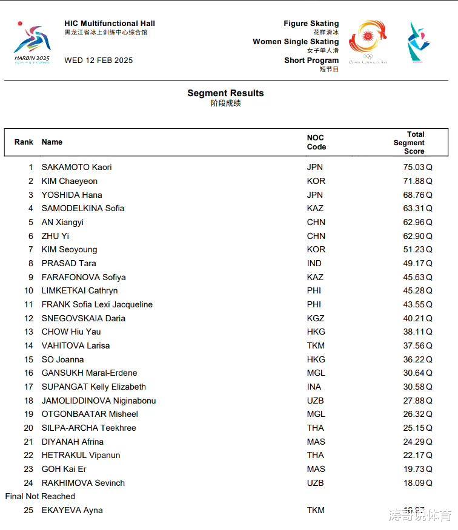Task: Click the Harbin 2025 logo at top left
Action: pyautogui.click(x=32, y=42)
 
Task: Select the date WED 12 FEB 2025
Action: pyautogui.click(x=98, y=61)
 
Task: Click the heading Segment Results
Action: pyautogui.click(x=225, y=93)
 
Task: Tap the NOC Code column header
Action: pyautogui.click(x=316, y=142)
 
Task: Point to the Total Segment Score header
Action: pyautogui.click(x=410, y=143)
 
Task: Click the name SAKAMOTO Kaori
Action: pyautogui.click(x=76, y=167)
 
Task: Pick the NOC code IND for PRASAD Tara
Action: pyautogui.click(x=314, y=263)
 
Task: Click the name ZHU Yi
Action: pyautogui.click(x=55, y=236)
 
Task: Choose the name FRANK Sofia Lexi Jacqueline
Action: pyautogui.click(x=97, y=304)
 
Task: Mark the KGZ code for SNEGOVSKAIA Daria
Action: pyautogui.click(x=316, y=318)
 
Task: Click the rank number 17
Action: pyautogui.click(x=28, y=387)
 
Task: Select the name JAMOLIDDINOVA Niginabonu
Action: pyautogui.click(x=99, y=401)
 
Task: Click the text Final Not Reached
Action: pyautogui.click(x=40, y=496)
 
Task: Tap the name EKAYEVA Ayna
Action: pyautogui.click(x=72, y=510)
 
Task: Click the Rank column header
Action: pyautogui.click(x=24, y=142)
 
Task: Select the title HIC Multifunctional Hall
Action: pyautogui.click(x=110, y=24)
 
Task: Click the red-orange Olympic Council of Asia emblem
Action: pyautogui.click(x=368, y=41)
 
